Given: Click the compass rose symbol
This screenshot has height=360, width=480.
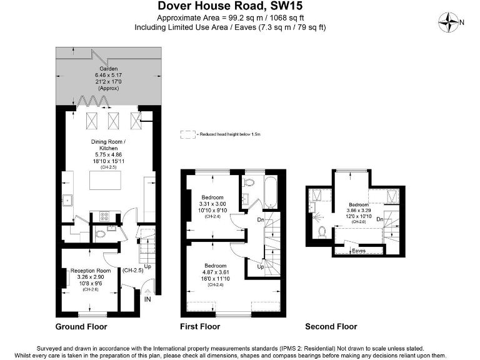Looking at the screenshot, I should coord(449,23).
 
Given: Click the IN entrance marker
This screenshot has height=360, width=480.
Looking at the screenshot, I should coord(147,300).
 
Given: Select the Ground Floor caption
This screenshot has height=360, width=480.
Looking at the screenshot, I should coord(81,327).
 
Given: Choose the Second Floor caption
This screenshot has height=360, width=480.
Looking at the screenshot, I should coord(331,327).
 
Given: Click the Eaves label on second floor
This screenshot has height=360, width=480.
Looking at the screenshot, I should coord(359,251).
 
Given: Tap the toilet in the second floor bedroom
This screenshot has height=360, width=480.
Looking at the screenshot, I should coord(322,231).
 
